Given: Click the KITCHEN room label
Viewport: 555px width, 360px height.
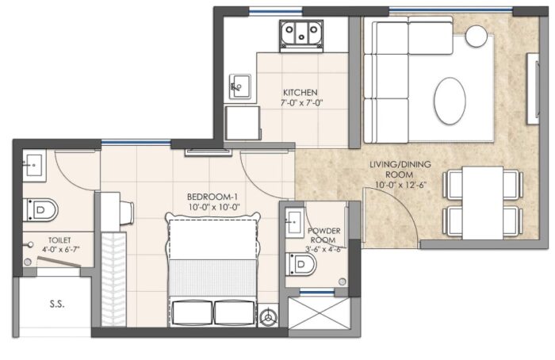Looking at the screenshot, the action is click(x=300, y=93).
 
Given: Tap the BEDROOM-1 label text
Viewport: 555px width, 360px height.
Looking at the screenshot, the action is click(x=212, y=197).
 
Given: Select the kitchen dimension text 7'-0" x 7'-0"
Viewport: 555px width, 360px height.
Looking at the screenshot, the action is click(x=302, y=103).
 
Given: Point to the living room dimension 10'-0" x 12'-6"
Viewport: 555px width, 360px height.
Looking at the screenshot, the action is click(x=401, y=185).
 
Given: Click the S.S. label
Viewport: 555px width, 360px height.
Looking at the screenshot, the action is click(x=57, y=304).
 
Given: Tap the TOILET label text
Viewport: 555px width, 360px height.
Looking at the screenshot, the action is click(x=59, y=240).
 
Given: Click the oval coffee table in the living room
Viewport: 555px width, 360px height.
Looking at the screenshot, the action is click(x=450, y=101).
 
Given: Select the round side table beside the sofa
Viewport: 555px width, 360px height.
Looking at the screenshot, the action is click(x=476, y=36).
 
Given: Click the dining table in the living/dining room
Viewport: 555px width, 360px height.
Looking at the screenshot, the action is click(x=483, y=203).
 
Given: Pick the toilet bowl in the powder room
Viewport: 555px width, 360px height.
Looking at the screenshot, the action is click(x=300, y=264).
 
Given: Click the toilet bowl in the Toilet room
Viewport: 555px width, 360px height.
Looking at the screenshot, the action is click(x=40, y=210).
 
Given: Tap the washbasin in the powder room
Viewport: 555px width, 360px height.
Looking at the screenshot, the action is click(x=294, y=222).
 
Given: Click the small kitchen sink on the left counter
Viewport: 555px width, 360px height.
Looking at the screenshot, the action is click(x=240, y=86).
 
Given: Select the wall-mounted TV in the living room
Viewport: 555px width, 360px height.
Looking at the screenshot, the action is click(x=533, y=89).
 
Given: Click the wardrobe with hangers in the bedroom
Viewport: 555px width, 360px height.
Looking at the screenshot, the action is click(x=114, y=279).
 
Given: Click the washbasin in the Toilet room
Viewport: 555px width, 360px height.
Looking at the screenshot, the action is click(x=34, y=165).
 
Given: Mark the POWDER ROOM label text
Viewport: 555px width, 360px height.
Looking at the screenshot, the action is click(x=323, y=236).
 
